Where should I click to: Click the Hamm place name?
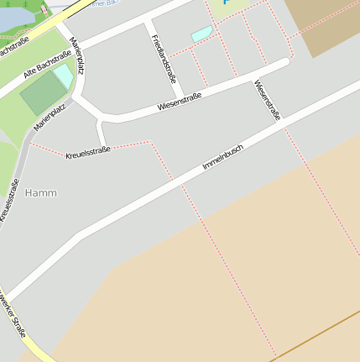(x=41, y=192)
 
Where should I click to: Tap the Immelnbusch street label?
(x=222, y=157)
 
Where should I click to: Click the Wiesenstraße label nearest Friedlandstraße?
(x=180, y=102)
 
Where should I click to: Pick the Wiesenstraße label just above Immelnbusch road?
(x=267, y=101)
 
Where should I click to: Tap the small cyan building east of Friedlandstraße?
(x=201, y=34)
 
